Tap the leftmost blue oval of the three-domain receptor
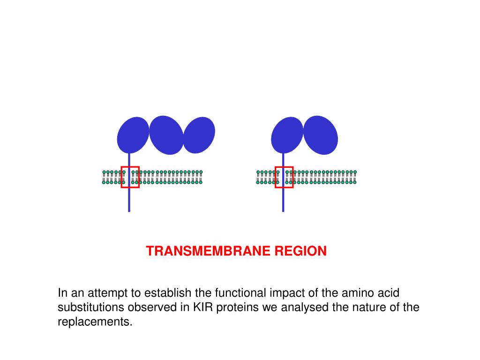click(133, 135)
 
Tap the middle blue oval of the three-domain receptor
click(166, 135)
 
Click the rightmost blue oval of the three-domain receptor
click(199, 135)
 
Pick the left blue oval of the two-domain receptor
click(287, 135)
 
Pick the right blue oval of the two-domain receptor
click(321, 134)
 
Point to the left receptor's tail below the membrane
click(129, 200)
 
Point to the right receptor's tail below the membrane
click(283, 200)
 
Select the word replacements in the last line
click(94, 322)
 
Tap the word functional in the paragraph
click(240, 293)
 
